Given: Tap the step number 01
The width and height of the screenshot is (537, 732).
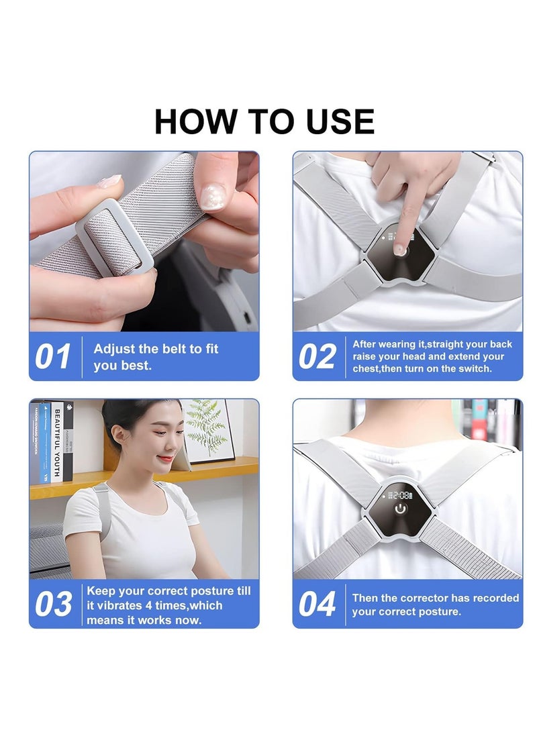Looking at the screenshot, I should coord(53,357).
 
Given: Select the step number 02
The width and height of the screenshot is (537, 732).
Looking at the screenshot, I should coord(317,357).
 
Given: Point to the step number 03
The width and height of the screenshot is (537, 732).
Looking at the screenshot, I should coord(53,605).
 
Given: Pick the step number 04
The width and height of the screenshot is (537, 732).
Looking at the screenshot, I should coord(317,605).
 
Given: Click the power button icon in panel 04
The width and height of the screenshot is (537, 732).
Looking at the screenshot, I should coord(401,509).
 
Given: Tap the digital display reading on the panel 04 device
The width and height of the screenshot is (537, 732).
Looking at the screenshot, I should coord(401,494).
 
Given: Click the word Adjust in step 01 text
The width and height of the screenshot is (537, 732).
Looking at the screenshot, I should coord(114,349).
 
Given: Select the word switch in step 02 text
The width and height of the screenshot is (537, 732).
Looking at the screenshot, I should coord(475,369).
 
